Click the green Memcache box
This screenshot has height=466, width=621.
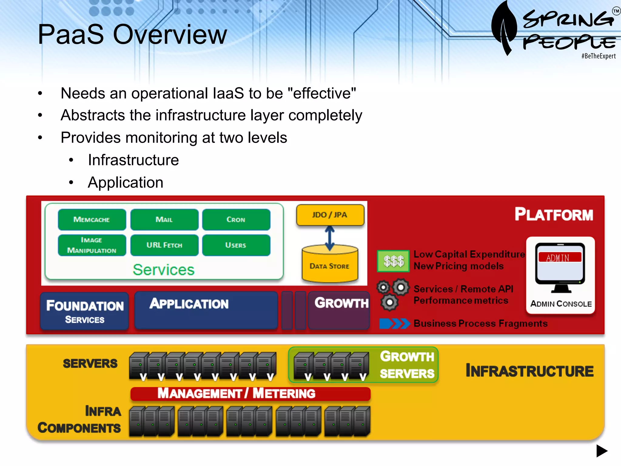[92, 219]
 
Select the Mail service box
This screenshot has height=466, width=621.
[164, 219]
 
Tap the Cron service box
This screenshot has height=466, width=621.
[236, 219]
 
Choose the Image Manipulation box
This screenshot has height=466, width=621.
[92, 245]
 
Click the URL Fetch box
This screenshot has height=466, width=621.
[164, 245]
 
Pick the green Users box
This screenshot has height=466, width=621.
[236, 245]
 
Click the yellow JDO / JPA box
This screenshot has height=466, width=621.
[330, 215]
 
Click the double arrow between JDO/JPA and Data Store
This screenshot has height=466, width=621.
[330, 238]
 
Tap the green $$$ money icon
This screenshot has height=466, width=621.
[393, 261]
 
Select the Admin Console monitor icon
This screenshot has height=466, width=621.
[560, 267]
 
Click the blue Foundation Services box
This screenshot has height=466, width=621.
[85, 311]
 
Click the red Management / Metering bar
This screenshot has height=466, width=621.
[250, 393]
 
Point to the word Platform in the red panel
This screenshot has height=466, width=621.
[554, 214]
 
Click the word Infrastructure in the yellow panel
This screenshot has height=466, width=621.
[529, 371]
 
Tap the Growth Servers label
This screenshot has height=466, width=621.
[407, 365]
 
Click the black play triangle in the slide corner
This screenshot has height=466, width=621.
[602, 451]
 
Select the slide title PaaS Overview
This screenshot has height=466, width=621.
[132, 35]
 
